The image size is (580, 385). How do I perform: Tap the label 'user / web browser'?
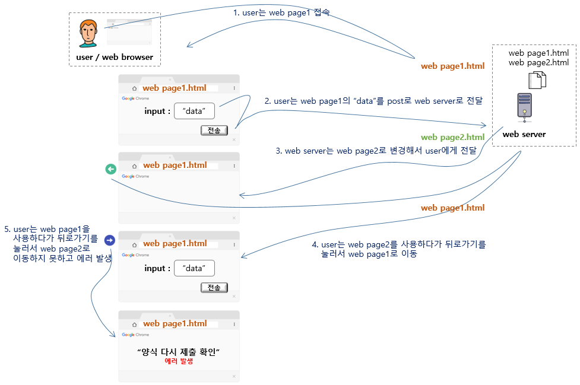click(x=115, y=58)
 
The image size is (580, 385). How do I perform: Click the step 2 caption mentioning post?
click(x=373, y=101)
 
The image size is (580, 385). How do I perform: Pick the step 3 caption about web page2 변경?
click(x=376, y=151)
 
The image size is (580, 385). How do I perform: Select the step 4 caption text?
click(x=398, y=249)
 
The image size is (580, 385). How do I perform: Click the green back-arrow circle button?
click(x=110, y=169)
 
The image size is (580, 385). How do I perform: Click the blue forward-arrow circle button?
click(x=110, y=240)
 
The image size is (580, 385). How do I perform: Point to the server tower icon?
click(x=524, y=107)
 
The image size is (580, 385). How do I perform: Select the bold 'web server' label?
click(x=524, y=134)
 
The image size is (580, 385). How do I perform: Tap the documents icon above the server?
click(x=537, y=79)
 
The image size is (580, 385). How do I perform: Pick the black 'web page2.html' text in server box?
click(x=538, y=62)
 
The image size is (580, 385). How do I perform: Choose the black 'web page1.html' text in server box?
click(x=538, y=53)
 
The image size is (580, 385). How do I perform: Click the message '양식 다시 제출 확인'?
click(x=179, y=352)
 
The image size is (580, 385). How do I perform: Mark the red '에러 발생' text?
click(x=179, y=361)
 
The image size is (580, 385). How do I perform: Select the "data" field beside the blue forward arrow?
click(x=194, y=268)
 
